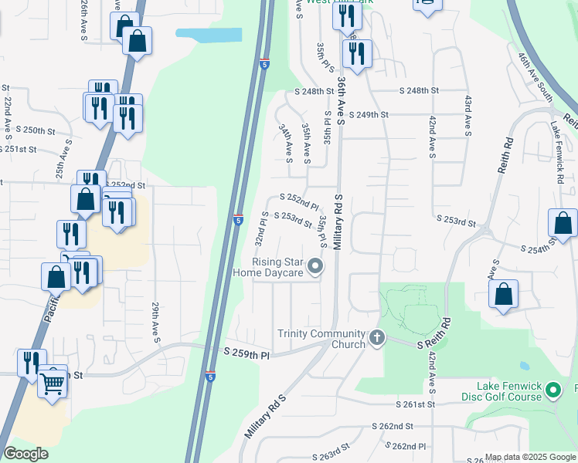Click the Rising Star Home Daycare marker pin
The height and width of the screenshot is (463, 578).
314,267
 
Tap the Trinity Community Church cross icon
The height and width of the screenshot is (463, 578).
376,337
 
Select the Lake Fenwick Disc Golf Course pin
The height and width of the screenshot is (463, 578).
553,390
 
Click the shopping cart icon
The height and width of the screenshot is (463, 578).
53,382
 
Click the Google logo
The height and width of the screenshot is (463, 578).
26,454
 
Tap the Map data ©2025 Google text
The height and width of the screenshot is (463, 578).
529,457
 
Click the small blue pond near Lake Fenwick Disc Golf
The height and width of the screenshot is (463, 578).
525,366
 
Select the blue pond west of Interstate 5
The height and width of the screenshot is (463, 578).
208,35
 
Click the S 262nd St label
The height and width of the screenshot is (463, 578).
393,426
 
